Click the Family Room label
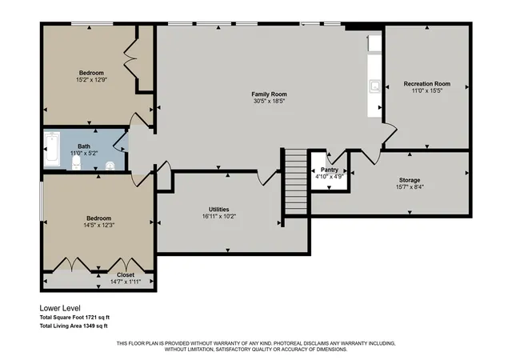point(269,94)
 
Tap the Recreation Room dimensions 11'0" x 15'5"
point(426,90)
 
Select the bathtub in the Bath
point(53,149)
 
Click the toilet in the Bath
point(76,162)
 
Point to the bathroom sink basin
point(110,166)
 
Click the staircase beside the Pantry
point(296,182)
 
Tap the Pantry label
point(329,170)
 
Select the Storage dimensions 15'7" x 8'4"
point(410,187)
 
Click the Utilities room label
point(218,210)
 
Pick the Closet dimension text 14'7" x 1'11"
point(126,282)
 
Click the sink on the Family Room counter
point(375,86)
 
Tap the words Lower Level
point(60,308)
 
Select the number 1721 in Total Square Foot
point(91,318)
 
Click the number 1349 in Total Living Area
point(89,326)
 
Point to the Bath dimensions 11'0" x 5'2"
point(84,153)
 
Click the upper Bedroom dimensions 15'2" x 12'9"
point(91,79)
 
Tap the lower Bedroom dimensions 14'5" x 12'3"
point(98,225)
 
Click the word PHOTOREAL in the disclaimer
point(288,344)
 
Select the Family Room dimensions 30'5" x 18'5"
point(269,101)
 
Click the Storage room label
point(410,180)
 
